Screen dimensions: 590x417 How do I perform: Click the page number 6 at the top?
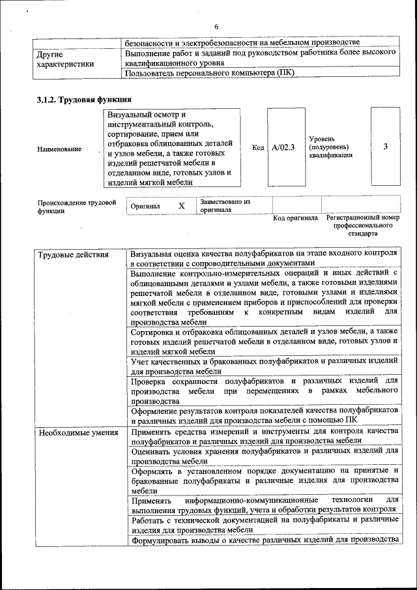216,26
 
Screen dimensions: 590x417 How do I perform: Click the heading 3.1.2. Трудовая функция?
84,100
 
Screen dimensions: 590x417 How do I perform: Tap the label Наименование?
59,149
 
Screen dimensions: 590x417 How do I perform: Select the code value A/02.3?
283,147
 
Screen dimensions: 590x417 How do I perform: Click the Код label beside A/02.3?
258,147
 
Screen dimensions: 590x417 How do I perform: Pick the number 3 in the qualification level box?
385,147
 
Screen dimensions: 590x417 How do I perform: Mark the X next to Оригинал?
182,206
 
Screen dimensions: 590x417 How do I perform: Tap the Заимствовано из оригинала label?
225,206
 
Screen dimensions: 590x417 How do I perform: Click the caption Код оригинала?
295,218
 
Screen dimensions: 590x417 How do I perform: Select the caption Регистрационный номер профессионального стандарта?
363,225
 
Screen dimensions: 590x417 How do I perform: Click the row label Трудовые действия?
72,254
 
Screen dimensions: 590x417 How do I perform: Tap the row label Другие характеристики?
65,59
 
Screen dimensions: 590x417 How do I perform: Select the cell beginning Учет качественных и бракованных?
264,366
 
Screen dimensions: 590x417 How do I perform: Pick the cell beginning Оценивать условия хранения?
264,455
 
